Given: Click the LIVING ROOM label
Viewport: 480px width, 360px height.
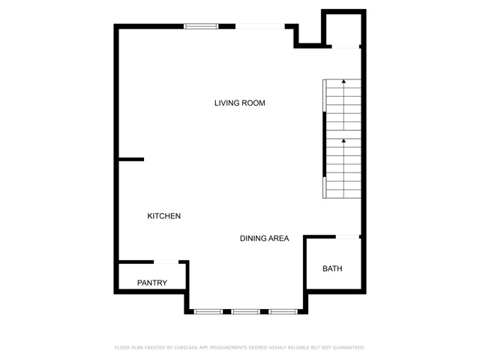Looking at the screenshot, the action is [x=240, y=103].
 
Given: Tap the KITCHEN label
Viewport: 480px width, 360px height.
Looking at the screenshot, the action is [x=163, y=216].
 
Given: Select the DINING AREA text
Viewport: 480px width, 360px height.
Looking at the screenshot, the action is [x=264, y=238].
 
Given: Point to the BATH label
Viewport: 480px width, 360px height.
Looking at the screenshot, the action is [x=332, y=268].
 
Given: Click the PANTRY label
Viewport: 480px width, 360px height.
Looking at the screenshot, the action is [x=152, y=283].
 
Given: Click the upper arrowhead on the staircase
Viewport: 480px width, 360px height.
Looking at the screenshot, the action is [x=343, y=82].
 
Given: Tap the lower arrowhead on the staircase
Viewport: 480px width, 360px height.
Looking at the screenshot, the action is [x=343, y=141].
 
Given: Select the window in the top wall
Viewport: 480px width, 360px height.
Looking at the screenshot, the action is [x=201, y=26].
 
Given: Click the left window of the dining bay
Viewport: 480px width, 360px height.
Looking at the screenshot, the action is [x=208, y=312].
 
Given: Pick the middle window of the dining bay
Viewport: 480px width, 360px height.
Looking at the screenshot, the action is [x=245, y=312].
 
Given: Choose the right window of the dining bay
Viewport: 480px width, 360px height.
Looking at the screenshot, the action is [x=283, y=312].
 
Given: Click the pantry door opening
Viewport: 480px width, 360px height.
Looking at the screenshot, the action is [x=166, y=262].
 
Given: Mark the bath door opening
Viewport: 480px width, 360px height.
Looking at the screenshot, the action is [x=347, y=237].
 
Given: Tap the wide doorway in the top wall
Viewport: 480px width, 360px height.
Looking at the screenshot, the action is [x=260, y=26].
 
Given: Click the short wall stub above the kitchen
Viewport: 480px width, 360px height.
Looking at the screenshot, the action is [x=131, y=160].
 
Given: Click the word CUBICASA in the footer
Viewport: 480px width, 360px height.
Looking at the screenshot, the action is [x=186, y=348].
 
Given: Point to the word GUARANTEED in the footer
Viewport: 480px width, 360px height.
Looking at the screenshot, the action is [x=349, y=348].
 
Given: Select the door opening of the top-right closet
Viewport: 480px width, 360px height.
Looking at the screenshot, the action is [x=346, y=46].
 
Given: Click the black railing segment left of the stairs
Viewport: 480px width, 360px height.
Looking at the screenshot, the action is [x=325, y=145].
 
